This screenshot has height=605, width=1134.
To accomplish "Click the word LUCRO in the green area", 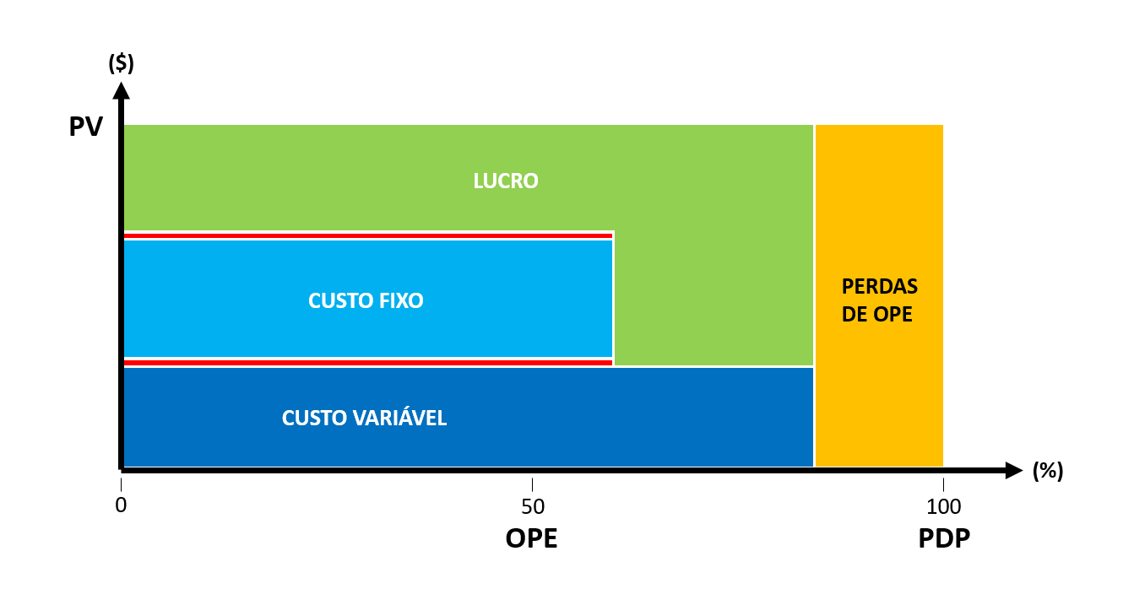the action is click(506, 181).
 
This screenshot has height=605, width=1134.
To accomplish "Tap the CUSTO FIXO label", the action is click(366, 301).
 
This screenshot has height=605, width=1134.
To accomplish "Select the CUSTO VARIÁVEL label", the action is click(364, 418).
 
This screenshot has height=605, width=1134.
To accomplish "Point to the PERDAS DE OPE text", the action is click(879, 300).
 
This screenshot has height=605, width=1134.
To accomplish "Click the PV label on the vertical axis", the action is click(85, 127).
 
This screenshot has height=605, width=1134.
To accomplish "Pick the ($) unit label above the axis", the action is click(121, 63).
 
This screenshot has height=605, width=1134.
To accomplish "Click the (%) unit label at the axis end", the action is click(1047, 471).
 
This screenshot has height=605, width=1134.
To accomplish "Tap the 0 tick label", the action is click(121, 505).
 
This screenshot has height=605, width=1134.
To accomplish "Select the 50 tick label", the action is click(533, 506).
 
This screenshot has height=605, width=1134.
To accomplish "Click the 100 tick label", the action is click(944, 506).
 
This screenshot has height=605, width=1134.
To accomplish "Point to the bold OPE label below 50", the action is click(532, 537).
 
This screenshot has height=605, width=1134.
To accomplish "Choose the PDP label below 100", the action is click(944, 537).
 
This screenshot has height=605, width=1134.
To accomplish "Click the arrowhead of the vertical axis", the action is click(121, 90).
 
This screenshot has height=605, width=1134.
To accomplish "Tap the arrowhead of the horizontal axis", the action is click(1014, 471).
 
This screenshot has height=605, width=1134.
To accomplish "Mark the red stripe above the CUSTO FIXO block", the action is click(368, 235).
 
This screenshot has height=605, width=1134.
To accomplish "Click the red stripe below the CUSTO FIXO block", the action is click(368, 363).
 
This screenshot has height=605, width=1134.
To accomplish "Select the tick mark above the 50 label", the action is click(532, 484).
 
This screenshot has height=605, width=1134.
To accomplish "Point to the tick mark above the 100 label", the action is click(943, 484).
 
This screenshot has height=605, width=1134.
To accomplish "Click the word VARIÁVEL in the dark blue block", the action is click(399, 418).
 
